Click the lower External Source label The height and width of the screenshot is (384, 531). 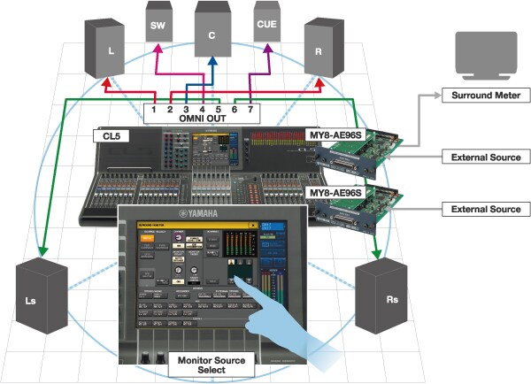486,209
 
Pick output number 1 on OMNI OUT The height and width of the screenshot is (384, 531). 154,109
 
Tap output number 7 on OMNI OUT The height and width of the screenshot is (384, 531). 249,109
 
